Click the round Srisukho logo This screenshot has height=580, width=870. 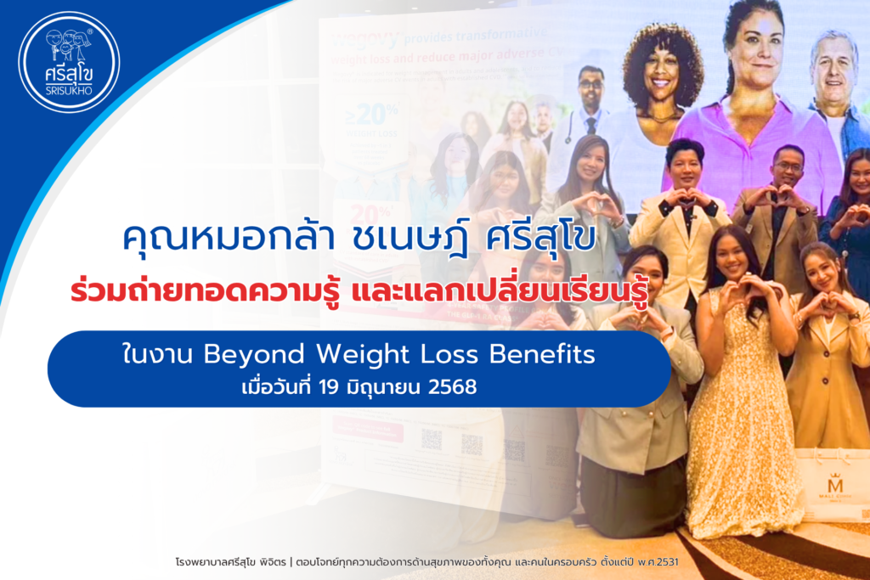click(x=69, y=62)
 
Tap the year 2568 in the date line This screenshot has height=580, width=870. click(x=451, y=388)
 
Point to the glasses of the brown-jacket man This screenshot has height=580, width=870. click(x=789, y=167)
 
